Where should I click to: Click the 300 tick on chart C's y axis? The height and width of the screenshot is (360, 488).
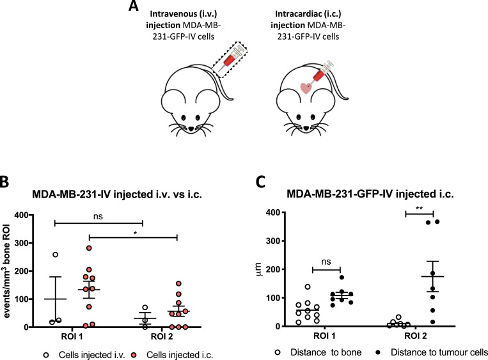click(278, 241)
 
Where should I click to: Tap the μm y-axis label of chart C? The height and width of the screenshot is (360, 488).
click(259, 269)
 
